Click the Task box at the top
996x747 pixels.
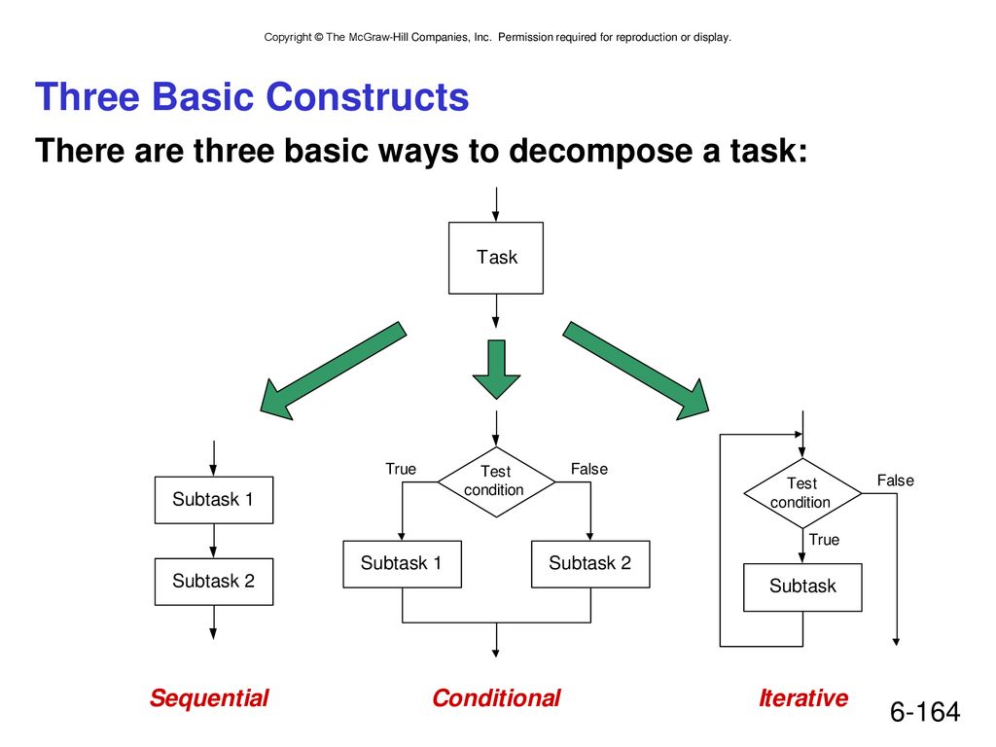tap(495, 258)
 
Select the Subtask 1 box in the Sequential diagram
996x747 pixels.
tap(213, 500)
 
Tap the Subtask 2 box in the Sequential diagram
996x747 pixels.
tap(213, 582)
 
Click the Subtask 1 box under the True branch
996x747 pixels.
tap(402, 564)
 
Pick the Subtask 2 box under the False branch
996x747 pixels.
tap(590, 564)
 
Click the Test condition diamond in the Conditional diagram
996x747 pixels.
tap(496, 481)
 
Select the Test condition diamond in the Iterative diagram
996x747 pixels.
tap(802, 493)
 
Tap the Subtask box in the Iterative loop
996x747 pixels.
tap(802, 587)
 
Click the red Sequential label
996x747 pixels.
tap(209, 698)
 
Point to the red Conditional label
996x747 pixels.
tap(496, 698)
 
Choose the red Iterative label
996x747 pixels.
tap(803, 698)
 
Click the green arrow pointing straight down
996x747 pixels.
tap(496, 370)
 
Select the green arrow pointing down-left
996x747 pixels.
tap(333, 371)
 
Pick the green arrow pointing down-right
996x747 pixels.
tap(636, 371)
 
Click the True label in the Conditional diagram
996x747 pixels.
tap(401, 469)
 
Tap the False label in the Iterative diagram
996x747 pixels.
tap(896, 480)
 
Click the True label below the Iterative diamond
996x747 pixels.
tap(824, 539)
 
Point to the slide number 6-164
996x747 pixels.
tap(925, 711)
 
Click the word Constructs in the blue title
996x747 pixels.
tap(367, 96)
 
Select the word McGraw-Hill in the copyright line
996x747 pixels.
tap(378, 37)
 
